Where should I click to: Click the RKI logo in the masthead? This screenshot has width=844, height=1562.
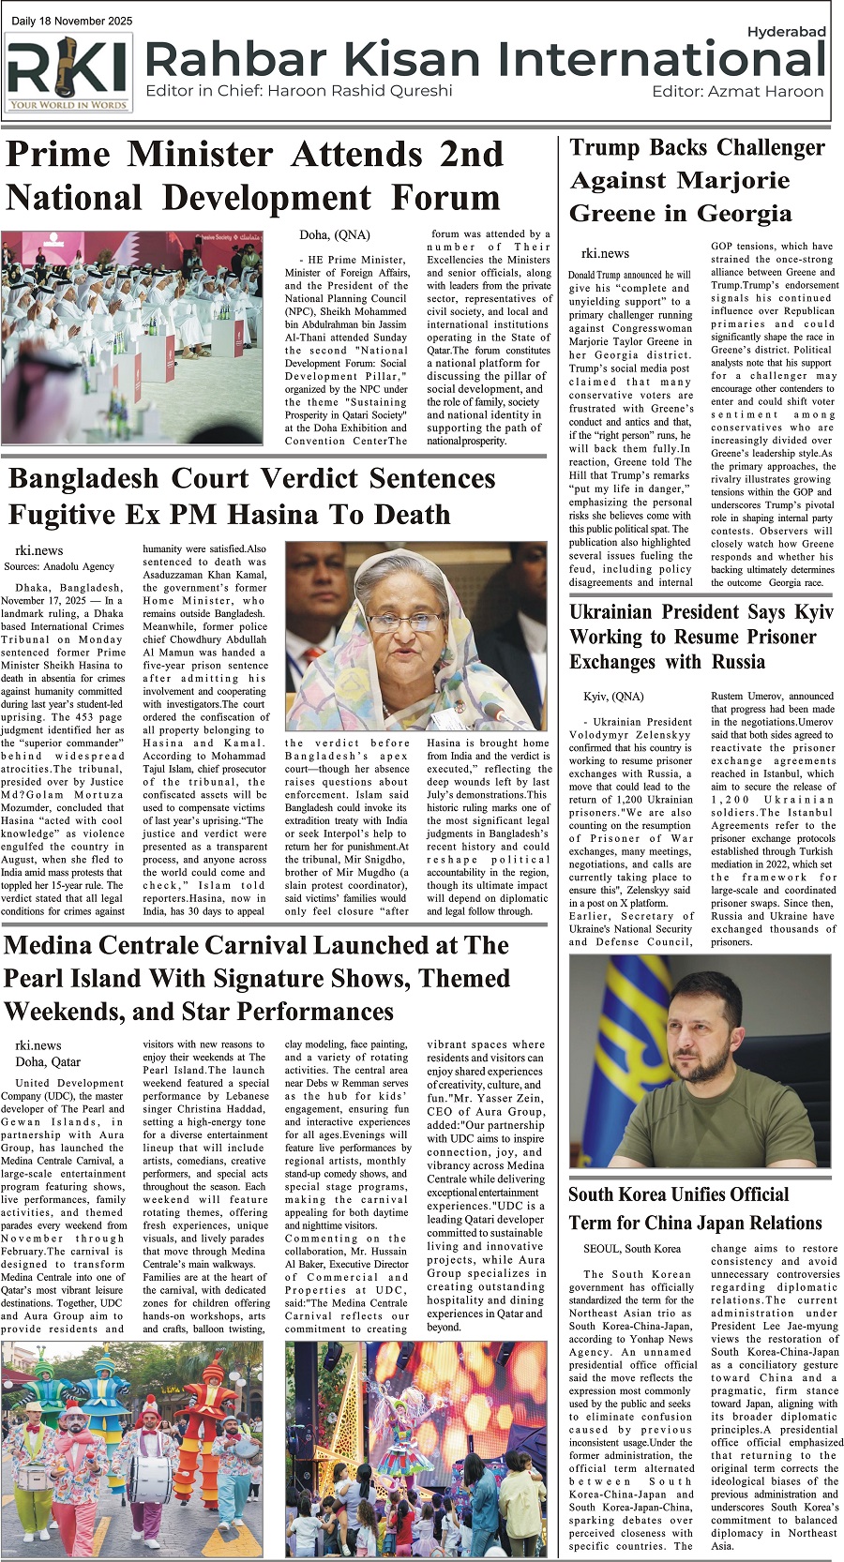[x=68, y=72]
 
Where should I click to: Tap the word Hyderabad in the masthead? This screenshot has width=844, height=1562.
[x=786, y=32]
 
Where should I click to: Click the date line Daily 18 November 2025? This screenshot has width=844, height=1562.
[x=72, y=21]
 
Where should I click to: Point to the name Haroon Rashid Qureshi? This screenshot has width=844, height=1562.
[x=359, y=91]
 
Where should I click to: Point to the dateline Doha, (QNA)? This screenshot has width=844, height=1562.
[x=334, y=234]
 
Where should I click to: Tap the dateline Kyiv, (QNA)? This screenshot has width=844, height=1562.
[x=613, y=697]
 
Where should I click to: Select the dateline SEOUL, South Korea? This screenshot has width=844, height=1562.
[x=631, y=1248]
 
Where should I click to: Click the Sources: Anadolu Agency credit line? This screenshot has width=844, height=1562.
[x=58, y=566]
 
